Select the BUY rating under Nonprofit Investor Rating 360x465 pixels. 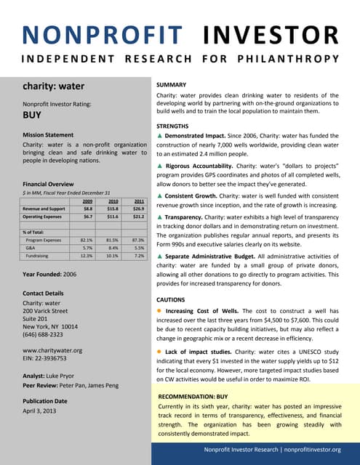[33, 115]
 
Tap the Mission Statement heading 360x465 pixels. [49, 135]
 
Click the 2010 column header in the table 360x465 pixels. [113, 201]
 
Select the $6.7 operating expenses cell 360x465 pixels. [87, 217]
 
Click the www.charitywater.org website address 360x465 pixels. [52, 350]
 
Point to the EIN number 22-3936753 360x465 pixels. [55, 358]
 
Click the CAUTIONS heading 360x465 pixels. [175, 299]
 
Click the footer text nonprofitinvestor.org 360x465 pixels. [304, 450]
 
